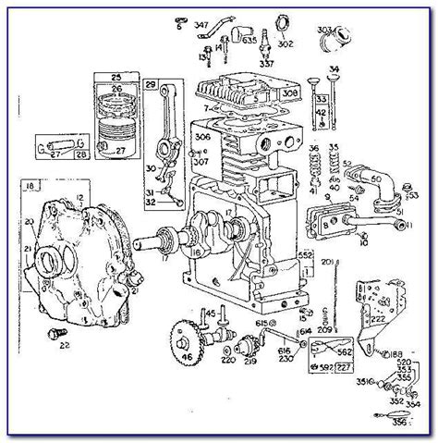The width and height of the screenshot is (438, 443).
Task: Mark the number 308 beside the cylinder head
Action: pos(289,93)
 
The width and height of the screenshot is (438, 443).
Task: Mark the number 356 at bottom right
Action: pos(402,424)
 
